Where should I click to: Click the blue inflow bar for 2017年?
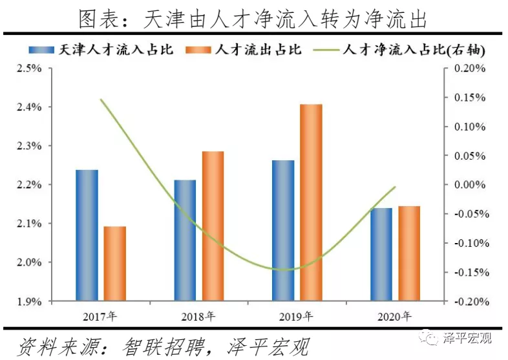click(87, 235)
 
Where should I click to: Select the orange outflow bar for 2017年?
click(115, 264)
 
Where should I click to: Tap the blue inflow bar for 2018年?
click(185, 240)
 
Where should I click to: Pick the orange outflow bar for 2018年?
click(213, 226)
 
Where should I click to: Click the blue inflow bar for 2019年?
click(283, 231)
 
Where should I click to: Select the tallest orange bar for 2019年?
click(311, 202)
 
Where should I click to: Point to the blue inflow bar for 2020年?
click(381, 255)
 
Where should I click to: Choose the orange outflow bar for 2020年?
click(409, 253)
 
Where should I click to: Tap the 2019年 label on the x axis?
click(297, 317)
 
